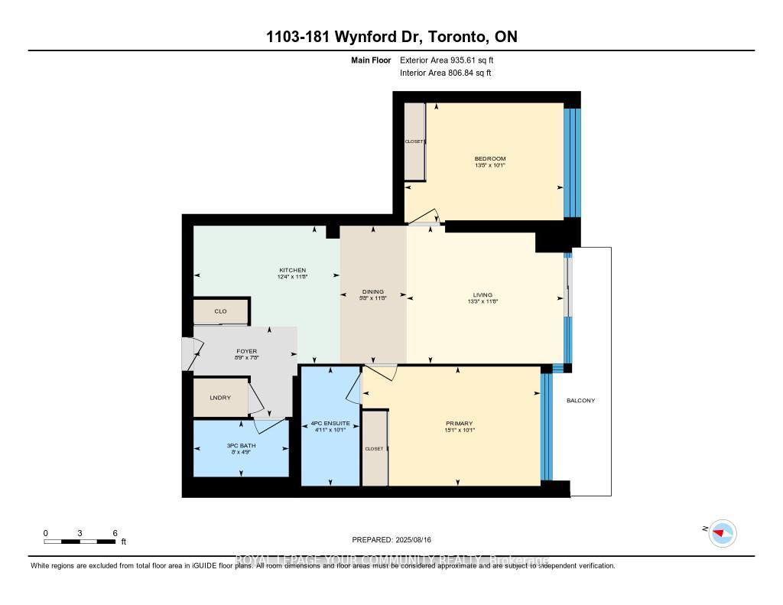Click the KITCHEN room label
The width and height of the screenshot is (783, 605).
click(x=292, y=270)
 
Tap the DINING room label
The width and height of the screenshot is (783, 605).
click(x=372, y=291)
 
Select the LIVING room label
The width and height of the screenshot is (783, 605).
click(x=482, y=294)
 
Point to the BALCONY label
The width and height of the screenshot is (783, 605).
click(x=580, y=401)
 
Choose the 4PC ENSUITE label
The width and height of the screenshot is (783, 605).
click(x=330, y=423)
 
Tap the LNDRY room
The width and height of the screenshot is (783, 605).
click(x=220, y=398)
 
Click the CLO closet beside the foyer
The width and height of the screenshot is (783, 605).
click(x=220, y=311)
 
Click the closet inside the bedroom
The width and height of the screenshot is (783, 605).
click(x=414, y=141)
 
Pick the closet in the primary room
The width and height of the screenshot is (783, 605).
click(x=374, y=448)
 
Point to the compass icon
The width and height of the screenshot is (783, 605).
click(x=722, y=533)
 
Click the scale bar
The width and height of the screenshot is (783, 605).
click(x=80, y=542)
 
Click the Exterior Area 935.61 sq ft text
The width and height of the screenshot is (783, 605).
click(x=452, y=60)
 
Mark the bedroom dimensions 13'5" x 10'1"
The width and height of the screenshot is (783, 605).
click(x=490, y=165)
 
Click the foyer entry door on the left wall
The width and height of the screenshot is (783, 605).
click(x=188, y=353)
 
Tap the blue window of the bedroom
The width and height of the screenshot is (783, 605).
click(x=572, y=162)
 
